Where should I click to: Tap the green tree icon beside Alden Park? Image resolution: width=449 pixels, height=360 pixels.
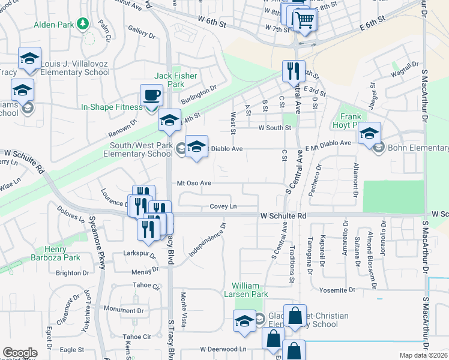[x=83, y=24]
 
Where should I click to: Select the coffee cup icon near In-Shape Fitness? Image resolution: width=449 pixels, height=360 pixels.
[x=151, y=95]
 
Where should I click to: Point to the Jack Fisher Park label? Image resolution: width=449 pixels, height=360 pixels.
[x=169, y=80]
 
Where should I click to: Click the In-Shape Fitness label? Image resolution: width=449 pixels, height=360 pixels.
[x=112, y=107]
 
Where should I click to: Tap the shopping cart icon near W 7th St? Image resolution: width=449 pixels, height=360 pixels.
[x=304, y=20]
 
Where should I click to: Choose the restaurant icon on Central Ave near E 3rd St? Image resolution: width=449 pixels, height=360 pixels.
[x=294, y=70]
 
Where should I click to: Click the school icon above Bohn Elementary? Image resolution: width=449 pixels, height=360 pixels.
[x=369, y=133]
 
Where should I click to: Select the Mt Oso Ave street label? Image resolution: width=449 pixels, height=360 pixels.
[x=194, y=183]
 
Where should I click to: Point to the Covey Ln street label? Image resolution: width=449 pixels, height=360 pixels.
[x=223, y=206]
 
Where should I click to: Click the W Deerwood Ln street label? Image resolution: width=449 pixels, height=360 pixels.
[x=223, y=349]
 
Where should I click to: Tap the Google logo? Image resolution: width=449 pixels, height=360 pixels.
[x=20, y=353]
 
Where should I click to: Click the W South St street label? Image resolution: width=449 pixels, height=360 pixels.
[x=274, y=128]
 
